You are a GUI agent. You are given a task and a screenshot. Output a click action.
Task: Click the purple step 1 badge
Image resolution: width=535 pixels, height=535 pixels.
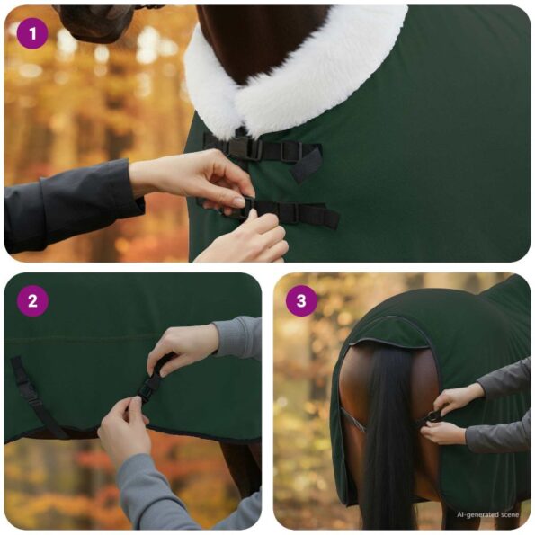click(x=33, y=34)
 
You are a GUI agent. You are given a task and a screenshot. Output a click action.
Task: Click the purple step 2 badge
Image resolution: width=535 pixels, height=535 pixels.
click(x=33, y=300)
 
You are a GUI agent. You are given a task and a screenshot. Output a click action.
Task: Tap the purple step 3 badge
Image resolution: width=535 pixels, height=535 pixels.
click(x=302, y=300)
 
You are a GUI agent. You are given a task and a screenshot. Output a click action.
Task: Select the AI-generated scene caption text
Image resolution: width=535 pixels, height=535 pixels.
click(x=488, y=515)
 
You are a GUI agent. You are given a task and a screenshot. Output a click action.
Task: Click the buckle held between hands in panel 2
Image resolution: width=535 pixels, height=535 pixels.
click(x=150, y=387)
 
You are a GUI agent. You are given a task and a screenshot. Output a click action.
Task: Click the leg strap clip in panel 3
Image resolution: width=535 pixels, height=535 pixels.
click(x=432, y=416)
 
